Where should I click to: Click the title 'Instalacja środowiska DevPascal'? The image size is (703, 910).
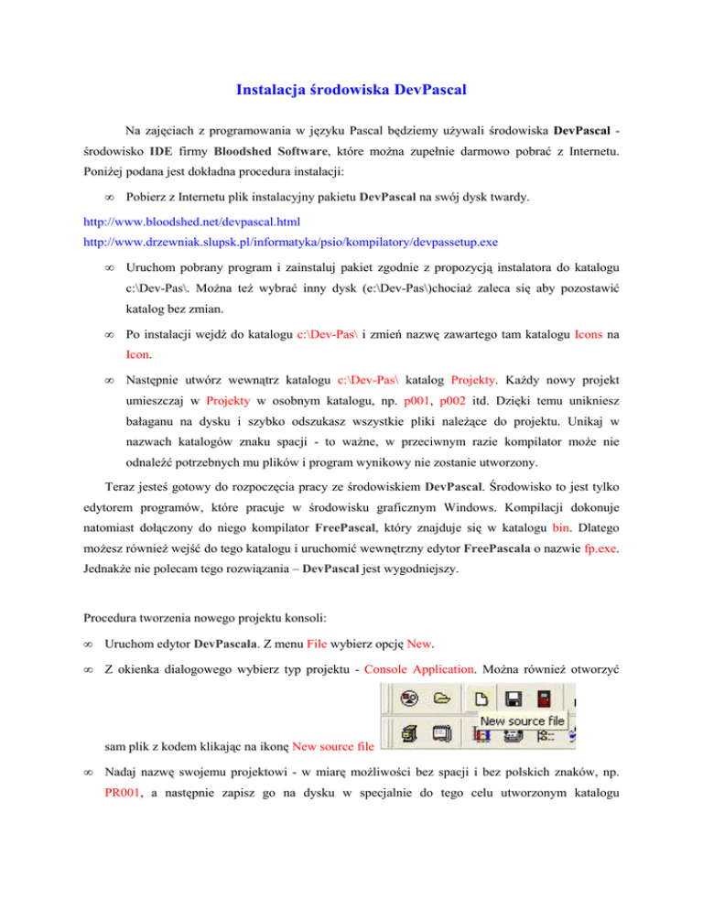click(x=352, y=90)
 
